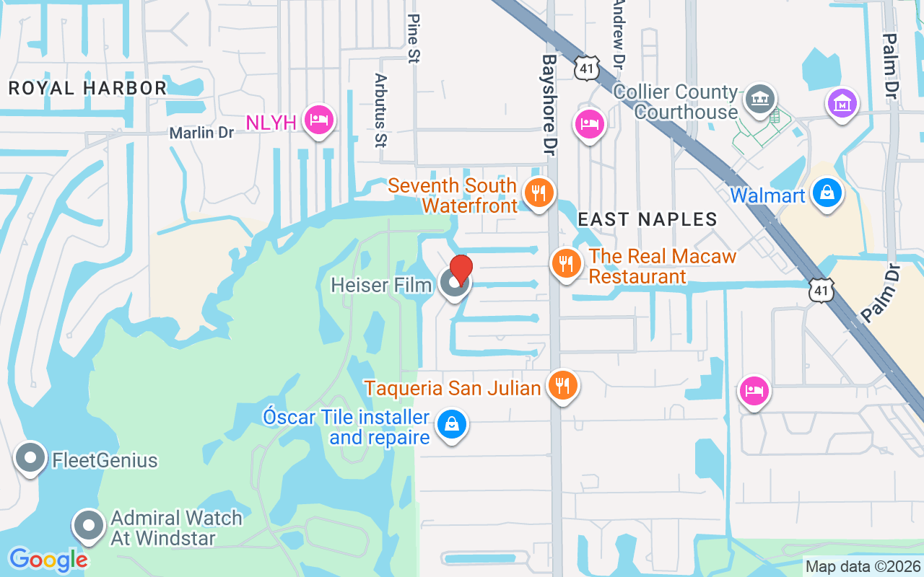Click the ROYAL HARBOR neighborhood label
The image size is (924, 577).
tap(87, 88)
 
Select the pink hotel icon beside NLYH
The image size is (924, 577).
tap(318, 120)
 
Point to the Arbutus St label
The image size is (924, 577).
tap(381, 110)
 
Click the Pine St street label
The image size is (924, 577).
tap(413, 38)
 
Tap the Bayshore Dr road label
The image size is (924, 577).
tap(550, 105)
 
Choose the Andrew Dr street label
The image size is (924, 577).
tap(617, 32)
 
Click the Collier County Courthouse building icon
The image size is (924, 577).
tap(759, 98)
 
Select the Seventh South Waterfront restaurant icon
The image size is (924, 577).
tap(538, 193)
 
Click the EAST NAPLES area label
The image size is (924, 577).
tap(648, 219)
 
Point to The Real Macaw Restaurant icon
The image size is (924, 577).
tap(567, 263)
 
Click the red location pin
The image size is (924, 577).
tap(461, 271)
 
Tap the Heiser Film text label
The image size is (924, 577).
tap(381, 285)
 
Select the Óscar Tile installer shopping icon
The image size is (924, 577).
tap(451, 425)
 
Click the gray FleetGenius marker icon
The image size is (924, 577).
tap(30, 458)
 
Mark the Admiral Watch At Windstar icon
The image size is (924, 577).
tap(89, 526)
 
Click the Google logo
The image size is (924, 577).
tap(48, 559)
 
